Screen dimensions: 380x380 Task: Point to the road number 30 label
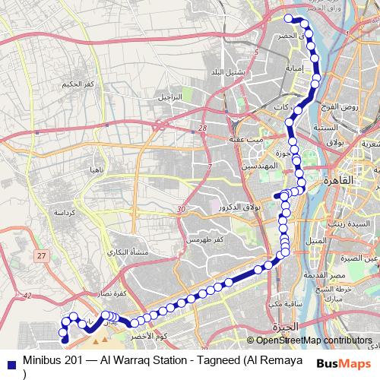click(x=180, y=210)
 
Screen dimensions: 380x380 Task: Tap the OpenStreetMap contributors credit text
click(x=314, y=341)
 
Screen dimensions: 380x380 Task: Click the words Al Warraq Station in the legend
click(x=139, y=357)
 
